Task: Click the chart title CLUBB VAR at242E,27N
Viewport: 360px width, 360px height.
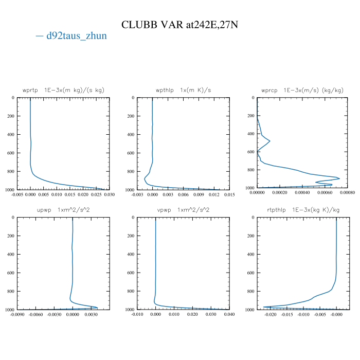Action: (x=179, y=25)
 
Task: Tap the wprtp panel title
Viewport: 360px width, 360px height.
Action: (x=63, y=90)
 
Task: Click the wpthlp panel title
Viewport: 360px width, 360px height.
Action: (x=183, y=90)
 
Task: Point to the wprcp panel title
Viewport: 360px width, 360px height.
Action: (x=302, y=90)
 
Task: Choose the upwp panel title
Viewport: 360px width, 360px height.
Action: (x=63, y=210)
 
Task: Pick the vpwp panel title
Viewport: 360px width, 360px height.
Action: (x=183, y=210)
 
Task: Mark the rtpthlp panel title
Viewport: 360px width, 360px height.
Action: (x=302, y=210)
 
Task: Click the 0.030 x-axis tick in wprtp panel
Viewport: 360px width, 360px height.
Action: (x=109, y=194)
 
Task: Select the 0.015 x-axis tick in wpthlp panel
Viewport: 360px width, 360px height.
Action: (x=229, y=194)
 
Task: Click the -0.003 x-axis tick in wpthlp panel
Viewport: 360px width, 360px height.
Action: (x=137, y=194)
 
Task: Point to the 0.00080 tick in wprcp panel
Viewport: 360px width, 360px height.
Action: (x=348, y=193)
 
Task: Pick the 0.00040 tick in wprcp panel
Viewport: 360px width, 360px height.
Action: (x=302, y=193)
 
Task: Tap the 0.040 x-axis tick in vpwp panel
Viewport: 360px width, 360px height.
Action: (x=229, y=314)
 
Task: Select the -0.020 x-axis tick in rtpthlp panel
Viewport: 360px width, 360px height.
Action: (x=271, y=314)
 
